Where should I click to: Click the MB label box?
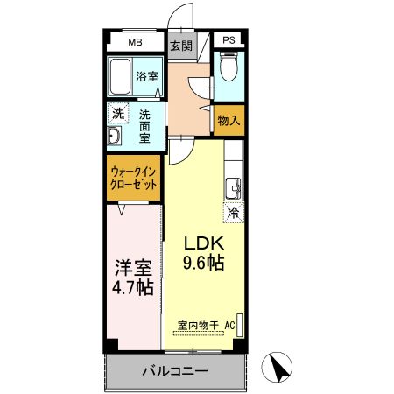click(x=135, y=42)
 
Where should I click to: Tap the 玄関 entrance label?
click(x=180, y=46)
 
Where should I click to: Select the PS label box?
click(x=229, y=41)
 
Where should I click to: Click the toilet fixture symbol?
click(x=228, y=68)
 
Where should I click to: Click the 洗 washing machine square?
click(x=117, y=113)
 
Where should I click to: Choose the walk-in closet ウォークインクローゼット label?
click(x=134, y=179)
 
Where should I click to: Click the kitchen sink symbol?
click(x=233, y=187)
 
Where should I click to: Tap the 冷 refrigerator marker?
click(x=234, y=212)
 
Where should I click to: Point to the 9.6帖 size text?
click(x=203, y=262)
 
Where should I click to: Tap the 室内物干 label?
click(x=197, y=326)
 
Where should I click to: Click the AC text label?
click(x=230, y=326)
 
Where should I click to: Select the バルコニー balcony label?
click(x=175, y=371)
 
